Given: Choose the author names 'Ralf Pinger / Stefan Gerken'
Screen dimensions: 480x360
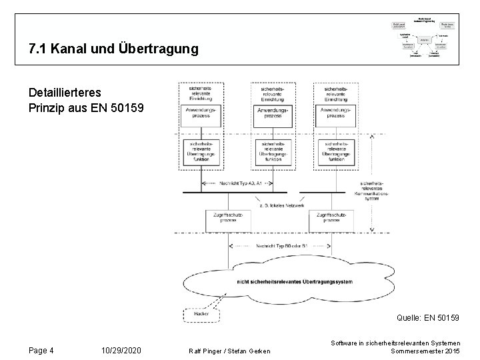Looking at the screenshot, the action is [230, 351].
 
